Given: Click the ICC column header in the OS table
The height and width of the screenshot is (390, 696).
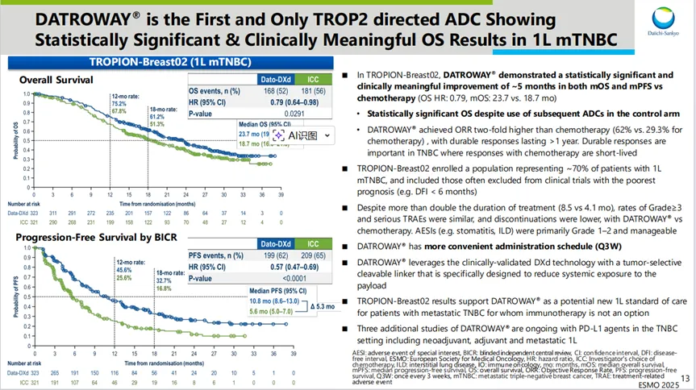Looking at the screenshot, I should click(x=307, y=79).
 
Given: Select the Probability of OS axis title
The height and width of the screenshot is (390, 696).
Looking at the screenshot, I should click(x=17, y=131).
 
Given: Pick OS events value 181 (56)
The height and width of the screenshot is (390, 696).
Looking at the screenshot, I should click(x=307, y=91).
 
